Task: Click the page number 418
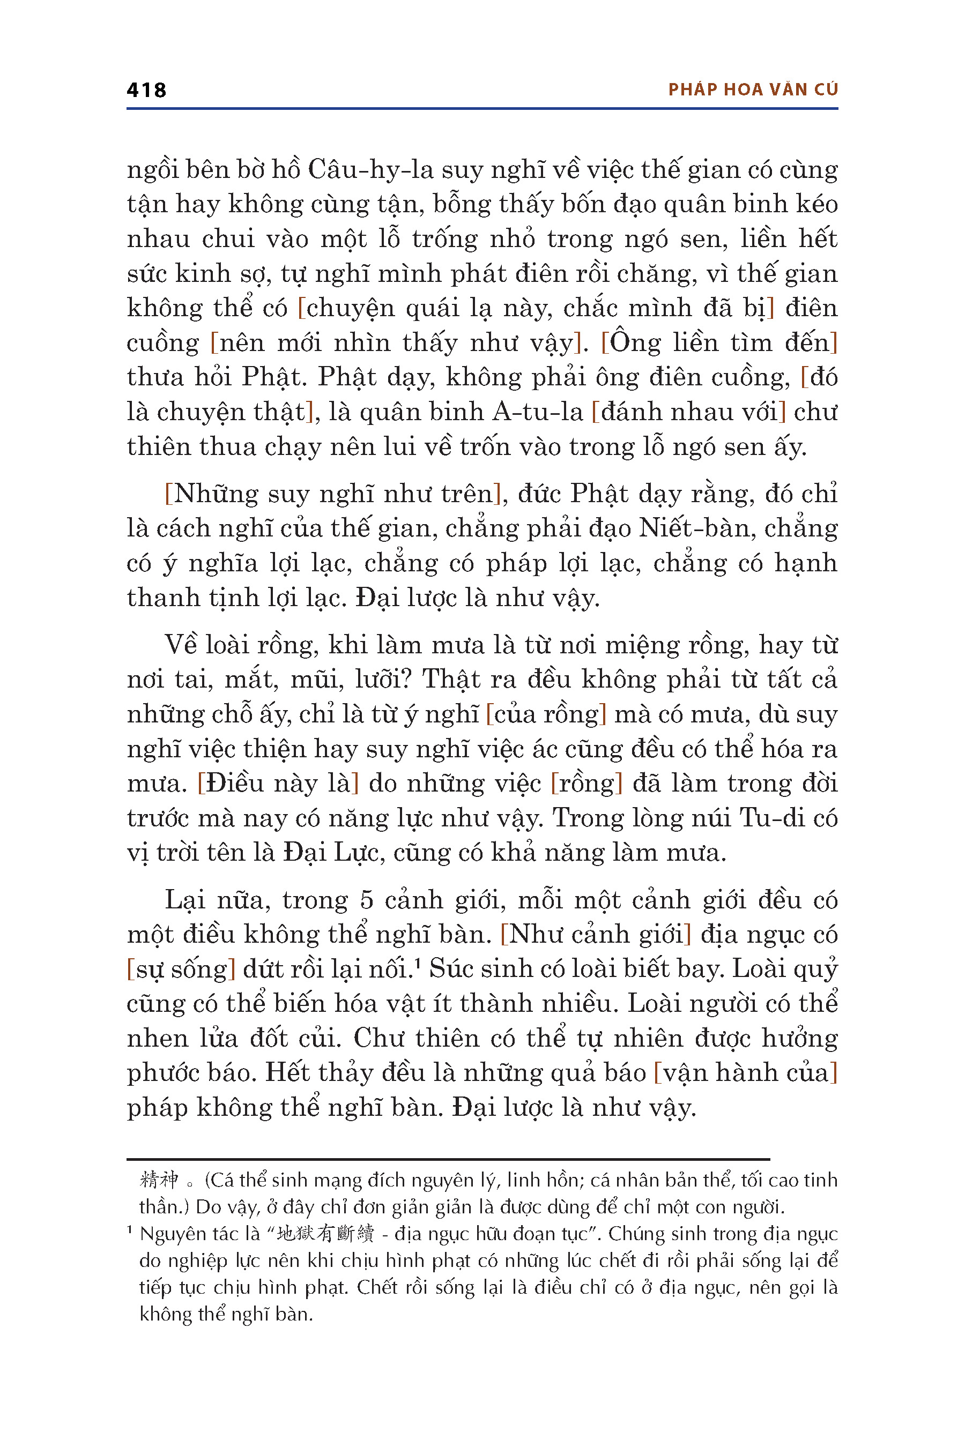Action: (146, 91)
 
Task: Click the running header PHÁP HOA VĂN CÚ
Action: (753, 90)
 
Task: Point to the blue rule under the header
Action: (482, 109)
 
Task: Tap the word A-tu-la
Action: (538, 412)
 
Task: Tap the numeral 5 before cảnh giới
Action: (367, 900)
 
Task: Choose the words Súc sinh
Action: (477, 969)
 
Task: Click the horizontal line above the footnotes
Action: (448, 1159)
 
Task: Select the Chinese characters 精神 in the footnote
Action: (159, 1180)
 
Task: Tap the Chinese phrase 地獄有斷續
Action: (325, 1234)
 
